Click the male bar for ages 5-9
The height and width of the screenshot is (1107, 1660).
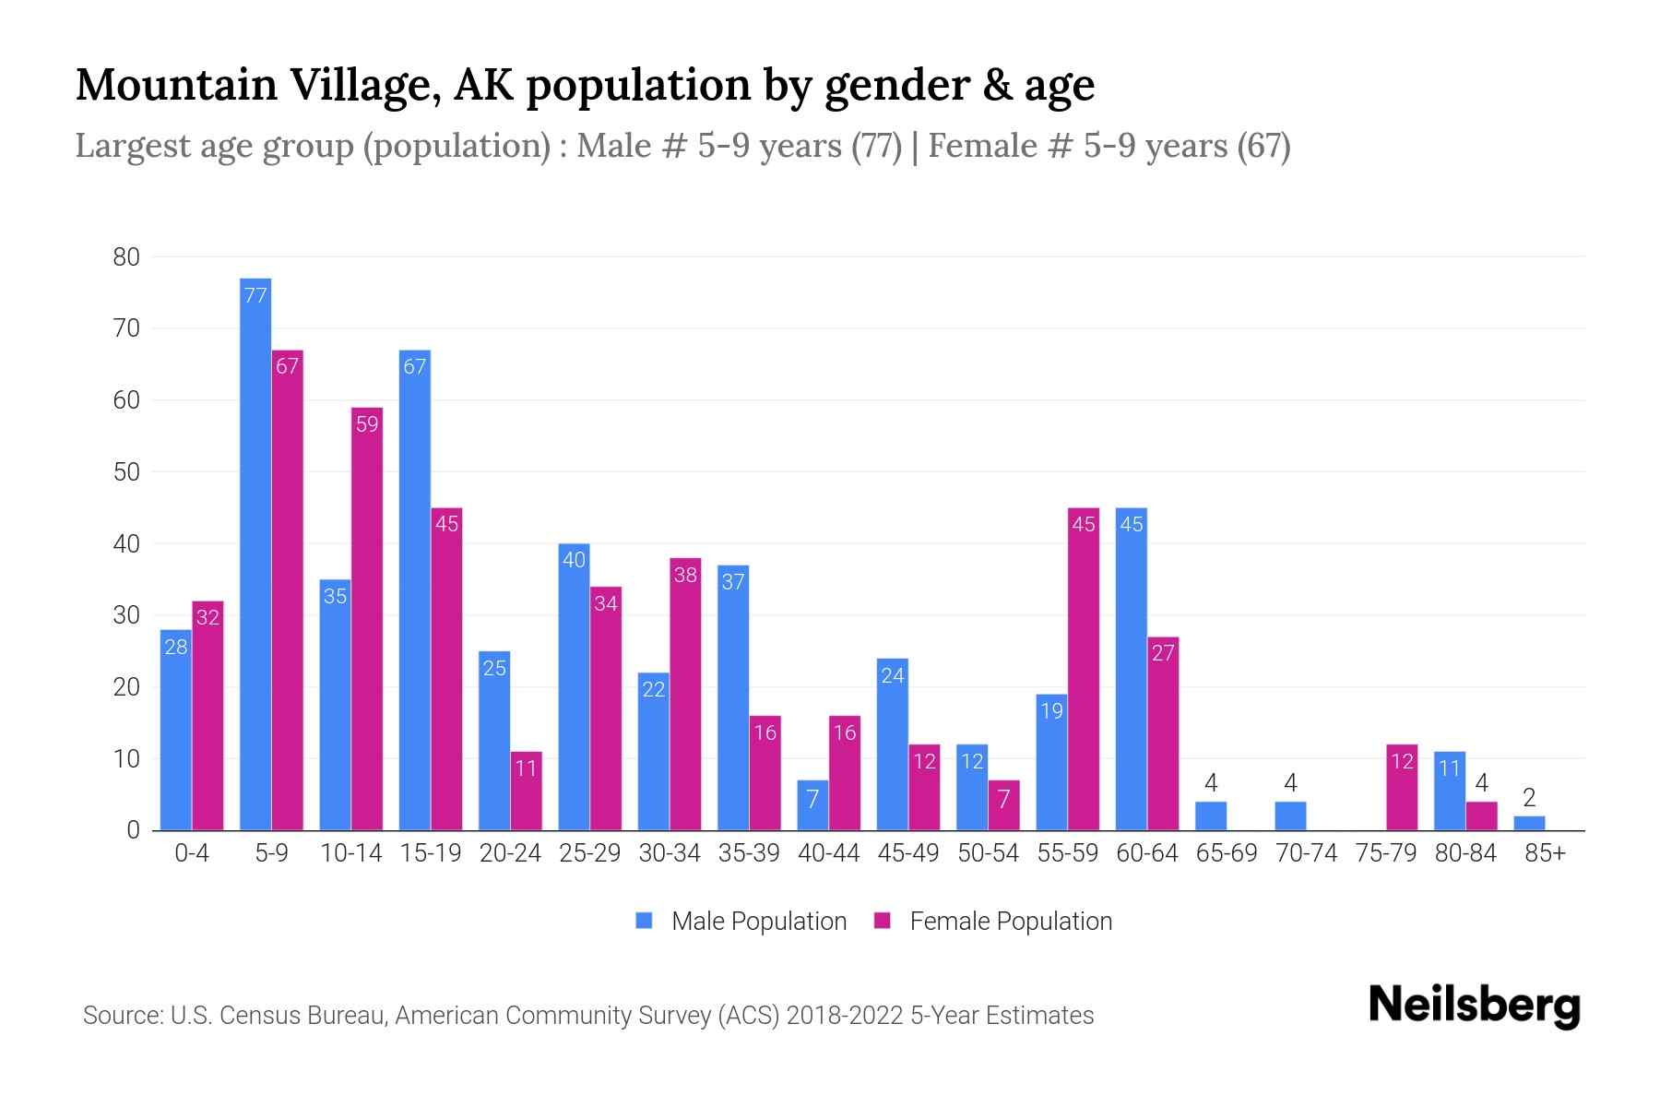pyautogui.click(x=255, y=553)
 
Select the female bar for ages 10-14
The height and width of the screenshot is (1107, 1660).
pyautogui.click(x=367, y=618)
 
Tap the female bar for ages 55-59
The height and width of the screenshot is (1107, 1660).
pyautogui.click(x=1084, y=669)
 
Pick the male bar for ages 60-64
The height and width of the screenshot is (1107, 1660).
pyautogui.click(x=1132, y=669)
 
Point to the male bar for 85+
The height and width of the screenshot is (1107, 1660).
pyautogui.click(x=1529, y=823)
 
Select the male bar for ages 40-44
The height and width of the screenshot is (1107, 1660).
pyautogui.click(x=812, y=805)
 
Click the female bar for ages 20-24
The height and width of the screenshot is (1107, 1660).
pyautogui.click(x=527, y=791)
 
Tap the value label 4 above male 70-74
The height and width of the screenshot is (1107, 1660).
pyautogui.click(x=1290, y=783)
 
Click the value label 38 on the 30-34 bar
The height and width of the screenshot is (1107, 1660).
pyautogui.click(x=685, y=575)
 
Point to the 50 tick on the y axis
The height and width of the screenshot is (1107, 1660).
pyautogui.click(x=126, y=472)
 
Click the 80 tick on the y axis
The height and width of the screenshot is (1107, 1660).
pyautogui.click(x=126, y=257)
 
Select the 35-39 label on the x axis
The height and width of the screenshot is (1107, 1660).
pyautogui.click(x=749, y=853)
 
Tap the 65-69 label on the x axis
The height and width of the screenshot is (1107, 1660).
pyautogui.click(x=1227, y=853)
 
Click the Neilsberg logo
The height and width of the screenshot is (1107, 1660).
pyautogui.click(x=1474, y=1006)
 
